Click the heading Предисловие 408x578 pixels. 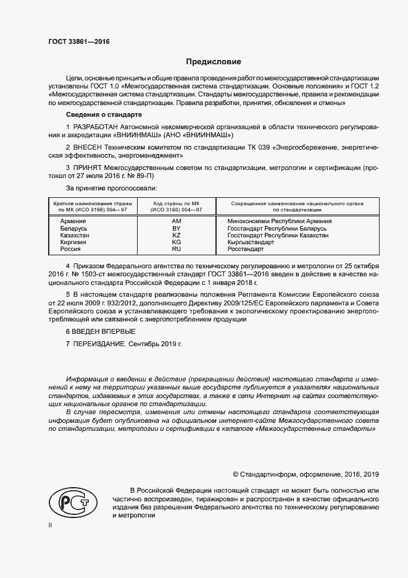214,62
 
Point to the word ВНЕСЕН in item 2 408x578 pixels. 91,148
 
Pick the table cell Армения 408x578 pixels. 73,221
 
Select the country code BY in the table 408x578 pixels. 176,228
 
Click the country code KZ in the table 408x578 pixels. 176,236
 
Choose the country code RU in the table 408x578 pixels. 176,249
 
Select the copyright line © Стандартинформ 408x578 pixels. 306,474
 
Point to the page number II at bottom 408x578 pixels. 50,524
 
